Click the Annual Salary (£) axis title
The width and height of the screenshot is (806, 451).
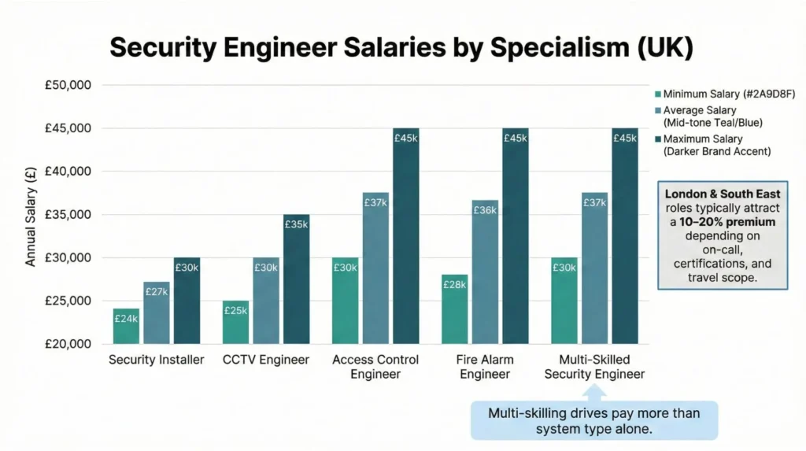coord(31,215)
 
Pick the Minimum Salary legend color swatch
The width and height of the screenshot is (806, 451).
coord(657,94)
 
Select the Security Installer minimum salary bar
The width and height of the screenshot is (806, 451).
coord(126,326)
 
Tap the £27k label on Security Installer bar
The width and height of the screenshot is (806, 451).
coord(156,293)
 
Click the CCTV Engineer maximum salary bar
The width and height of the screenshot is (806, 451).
coord(296,279)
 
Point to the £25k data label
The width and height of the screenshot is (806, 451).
coord(235,310)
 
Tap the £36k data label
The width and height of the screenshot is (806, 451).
coord(485,210)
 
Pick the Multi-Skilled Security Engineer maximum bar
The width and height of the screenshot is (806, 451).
coord(625,236)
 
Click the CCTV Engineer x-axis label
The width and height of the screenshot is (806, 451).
coord(266,360)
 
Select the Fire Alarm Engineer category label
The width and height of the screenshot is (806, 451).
coord(485,367)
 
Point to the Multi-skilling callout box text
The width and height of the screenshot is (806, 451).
coord(593,420)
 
